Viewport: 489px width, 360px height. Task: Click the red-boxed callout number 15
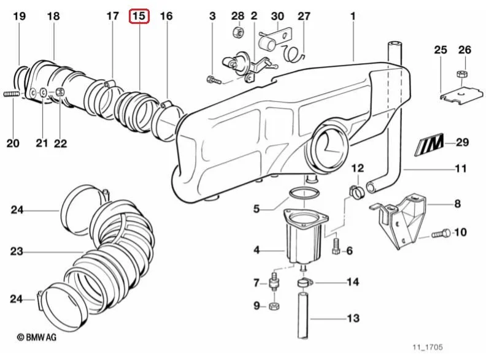[139, 16]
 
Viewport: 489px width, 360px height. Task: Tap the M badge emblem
[429, 144]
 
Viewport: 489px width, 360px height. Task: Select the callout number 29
[462, 142]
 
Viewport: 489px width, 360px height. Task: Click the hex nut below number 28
[238, 32]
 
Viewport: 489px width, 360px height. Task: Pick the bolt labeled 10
[441, 233]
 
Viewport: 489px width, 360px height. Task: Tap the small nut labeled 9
[274, 306]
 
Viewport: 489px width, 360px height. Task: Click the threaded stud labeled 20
[12, 93]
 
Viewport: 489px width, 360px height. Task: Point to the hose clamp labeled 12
[356, 192]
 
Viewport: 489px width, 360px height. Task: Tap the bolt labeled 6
[336, 246]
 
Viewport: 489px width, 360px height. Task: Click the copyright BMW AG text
[37, 337]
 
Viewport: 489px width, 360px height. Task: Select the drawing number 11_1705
[428, 347]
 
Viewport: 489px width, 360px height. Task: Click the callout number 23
[17, 251]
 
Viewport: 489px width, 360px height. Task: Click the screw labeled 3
[214, 80]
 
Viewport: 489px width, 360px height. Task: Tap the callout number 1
[353, 16]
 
